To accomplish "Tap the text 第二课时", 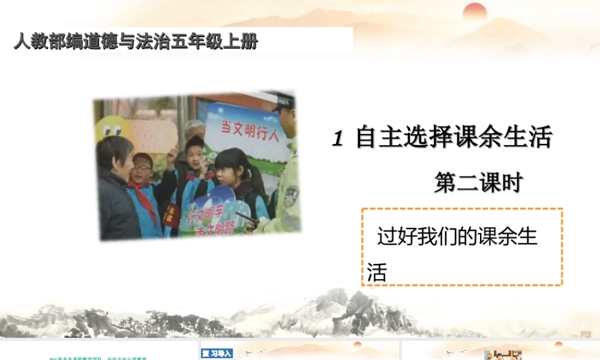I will (478, 183).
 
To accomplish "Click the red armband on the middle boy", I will (174, 213).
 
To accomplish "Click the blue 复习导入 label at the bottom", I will (217, 353).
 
